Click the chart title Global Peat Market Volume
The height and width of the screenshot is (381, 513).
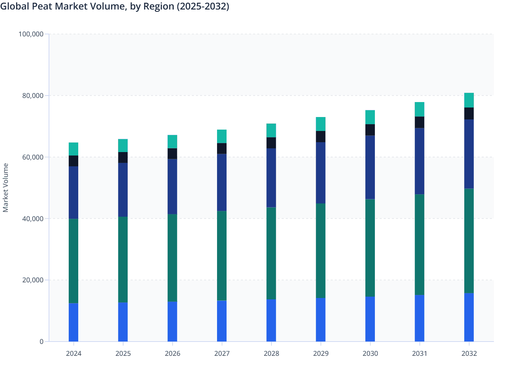click(115, 6)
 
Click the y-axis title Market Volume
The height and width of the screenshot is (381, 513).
click(6, 188)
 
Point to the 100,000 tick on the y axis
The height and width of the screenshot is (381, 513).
click(31, 34)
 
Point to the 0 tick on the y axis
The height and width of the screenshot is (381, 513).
click(42, 342)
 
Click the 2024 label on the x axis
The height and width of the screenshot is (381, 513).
click(73, 353)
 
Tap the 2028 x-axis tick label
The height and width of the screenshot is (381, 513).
click(271, 353)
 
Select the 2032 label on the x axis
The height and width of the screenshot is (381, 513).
click(469, 353)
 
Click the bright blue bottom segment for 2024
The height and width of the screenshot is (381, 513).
click(73, 322)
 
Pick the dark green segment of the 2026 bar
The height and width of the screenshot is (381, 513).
click(172, 258)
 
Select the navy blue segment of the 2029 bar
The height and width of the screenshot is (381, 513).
click(321, 173)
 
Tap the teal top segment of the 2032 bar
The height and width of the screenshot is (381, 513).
click(469, 100)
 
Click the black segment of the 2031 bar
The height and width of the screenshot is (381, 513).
click(419, 122)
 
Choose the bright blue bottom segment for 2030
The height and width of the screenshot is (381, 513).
click(370, 319)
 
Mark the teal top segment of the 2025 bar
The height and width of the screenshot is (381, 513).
click(123, 146)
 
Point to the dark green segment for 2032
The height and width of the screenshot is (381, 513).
click(469, 241)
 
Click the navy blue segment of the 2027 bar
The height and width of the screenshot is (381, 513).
click(222, 183)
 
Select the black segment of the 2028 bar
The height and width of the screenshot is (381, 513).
click(271, 143)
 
